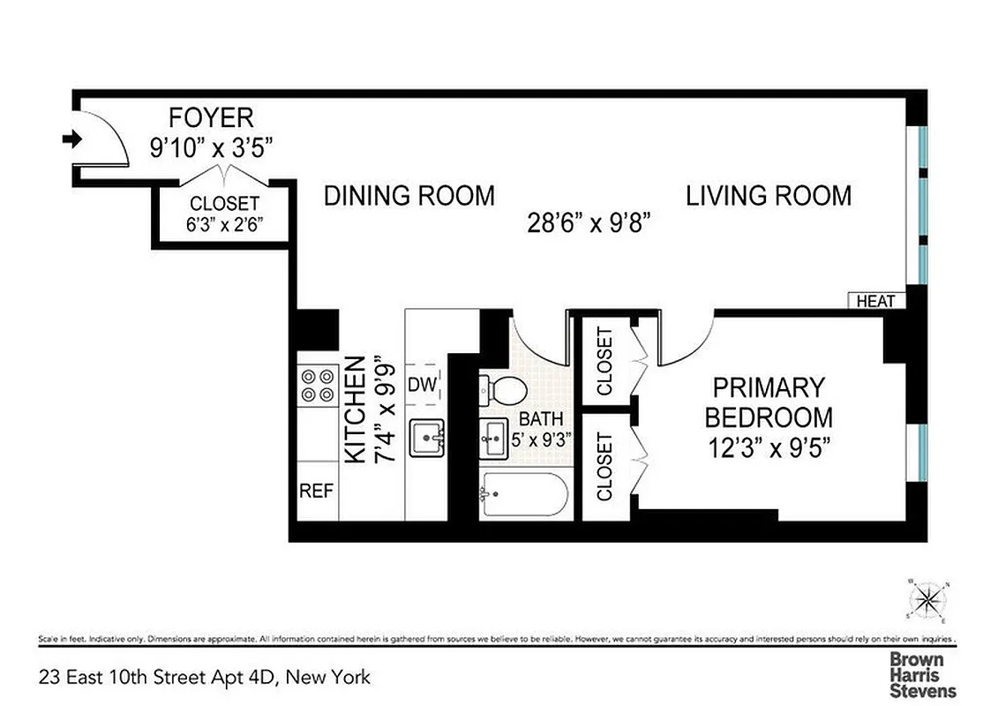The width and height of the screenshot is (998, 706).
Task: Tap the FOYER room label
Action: click(211, 117)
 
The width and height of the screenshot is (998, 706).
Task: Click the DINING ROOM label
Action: click(409, 195)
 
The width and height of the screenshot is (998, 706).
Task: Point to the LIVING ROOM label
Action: click(769, 195)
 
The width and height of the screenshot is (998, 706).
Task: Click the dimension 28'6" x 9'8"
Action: click(589, 222)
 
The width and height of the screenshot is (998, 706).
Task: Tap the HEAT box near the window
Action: click(875, 302)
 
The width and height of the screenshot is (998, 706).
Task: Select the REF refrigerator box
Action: click(317, 490)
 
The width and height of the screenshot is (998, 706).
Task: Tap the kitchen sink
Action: click(427, 438)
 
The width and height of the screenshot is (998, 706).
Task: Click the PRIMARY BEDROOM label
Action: click(768, 402)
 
